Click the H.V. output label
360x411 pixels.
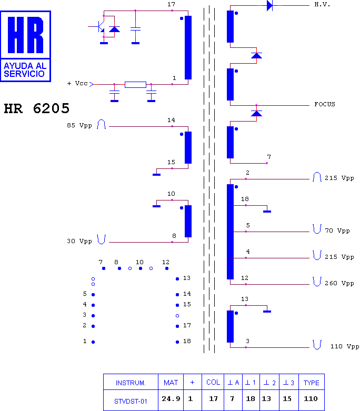tap(322, 4)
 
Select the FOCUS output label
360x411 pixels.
tap(325, 104)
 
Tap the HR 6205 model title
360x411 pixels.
tap(37, 108)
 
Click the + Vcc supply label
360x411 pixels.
tap(77, 83)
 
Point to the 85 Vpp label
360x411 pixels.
tap(79, 125)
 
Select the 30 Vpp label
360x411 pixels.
tap(79, 241)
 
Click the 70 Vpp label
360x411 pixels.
tap(337, 230)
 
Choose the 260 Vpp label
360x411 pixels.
tap(339, 283)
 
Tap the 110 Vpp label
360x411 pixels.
tap(345, 346)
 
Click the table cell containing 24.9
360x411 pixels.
tap(171, 399)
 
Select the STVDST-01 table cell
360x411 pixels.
tap(131, 401)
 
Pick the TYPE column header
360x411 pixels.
tap(311, 383)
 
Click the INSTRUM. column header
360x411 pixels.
tap(131, 383)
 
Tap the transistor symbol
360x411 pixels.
tap(100, 26)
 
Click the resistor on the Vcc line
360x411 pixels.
tap(135, 84)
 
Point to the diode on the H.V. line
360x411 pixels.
tap(269, 5)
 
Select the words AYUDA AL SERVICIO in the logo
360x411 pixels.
tap(25, 69)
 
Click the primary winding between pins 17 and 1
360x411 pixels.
tap(188, 47)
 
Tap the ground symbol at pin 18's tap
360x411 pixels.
tap(267, 211)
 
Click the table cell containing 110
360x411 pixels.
tap(311, 399)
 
